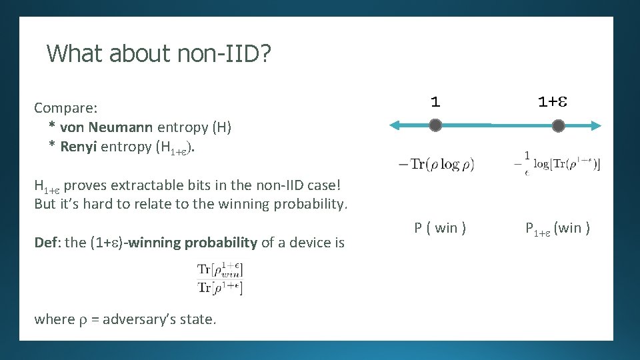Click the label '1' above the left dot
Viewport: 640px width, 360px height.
pos(435,102)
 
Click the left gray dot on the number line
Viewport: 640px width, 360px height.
pos(435,125)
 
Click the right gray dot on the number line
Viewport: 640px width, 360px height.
pos(559,125)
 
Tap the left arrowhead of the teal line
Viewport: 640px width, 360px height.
pos(394,125)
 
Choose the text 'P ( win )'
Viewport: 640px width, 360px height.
pos(440,228)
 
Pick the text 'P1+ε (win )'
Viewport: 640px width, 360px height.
pos(557,229)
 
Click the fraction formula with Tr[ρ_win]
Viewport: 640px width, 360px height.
pos(220,279)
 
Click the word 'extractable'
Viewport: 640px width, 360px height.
pos(140,184)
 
